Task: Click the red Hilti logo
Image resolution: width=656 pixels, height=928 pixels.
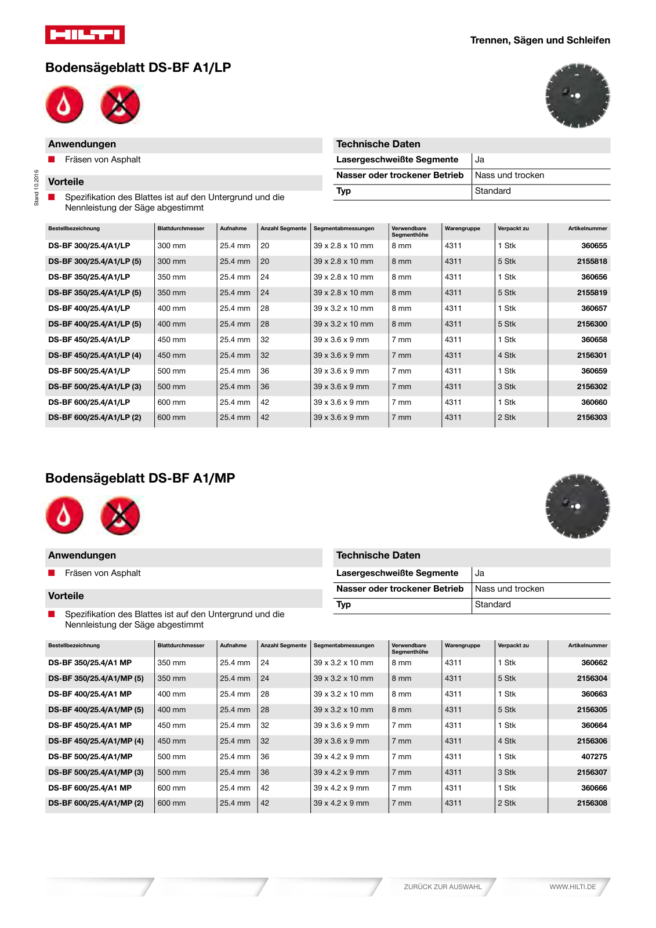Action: (x=85, y=35)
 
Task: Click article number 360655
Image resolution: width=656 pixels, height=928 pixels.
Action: (x=594, y=246)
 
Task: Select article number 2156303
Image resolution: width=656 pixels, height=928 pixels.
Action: (x=592, y=418)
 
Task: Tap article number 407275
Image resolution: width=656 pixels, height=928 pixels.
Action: (x=594, y=757)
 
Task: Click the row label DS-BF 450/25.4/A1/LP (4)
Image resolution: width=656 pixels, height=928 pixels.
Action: (x=95, y=356)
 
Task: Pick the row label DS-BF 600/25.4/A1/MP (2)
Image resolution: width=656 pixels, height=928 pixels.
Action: (x=96, y=803)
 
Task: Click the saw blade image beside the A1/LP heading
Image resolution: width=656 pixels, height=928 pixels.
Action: (x=577, y=96)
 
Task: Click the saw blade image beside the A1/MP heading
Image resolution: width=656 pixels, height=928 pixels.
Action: (x=577, y=506)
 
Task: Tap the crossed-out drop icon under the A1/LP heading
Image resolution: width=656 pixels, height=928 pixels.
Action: (x=120, y=105)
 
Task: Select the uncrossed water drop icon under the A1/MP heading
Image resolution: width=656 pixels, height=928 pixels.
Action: (x=64, y=515)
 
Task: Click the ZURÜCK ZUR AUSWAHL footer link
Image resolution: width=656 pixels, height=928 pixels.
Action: (x=443, y=887)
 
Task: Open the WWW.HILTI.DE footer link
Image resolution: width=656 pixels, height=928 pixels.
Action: (x=572, y=887)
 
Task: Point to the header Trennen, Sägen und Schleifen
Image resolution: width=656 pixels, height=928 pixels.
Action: (x=539, y=41)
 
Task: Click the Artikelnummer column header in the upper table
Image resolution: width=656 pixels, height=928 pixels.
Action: (x=587, y=229)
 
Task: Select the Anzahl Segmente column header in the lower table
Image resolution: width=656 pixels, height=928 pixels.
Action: (x=283, y=646)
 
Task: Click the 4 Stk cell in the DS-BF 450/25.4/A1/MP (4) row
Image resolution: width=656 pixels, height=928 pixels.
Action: (x=506, y=741)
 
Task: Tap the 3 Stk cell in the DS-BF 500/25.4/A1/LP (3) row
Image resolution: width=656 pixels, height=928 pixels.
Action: (x=506, y=387)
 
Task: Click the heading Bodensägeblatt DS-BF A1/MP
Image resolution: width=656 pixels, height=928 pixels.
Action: (x=140, y=478)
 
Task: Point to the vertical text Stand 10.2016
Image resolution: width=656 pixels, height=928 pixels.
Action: (x=37, y=187)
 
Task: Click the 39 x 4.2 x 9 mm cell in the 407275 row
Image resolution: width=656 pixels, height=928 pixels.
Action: (x=341, y=757)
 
